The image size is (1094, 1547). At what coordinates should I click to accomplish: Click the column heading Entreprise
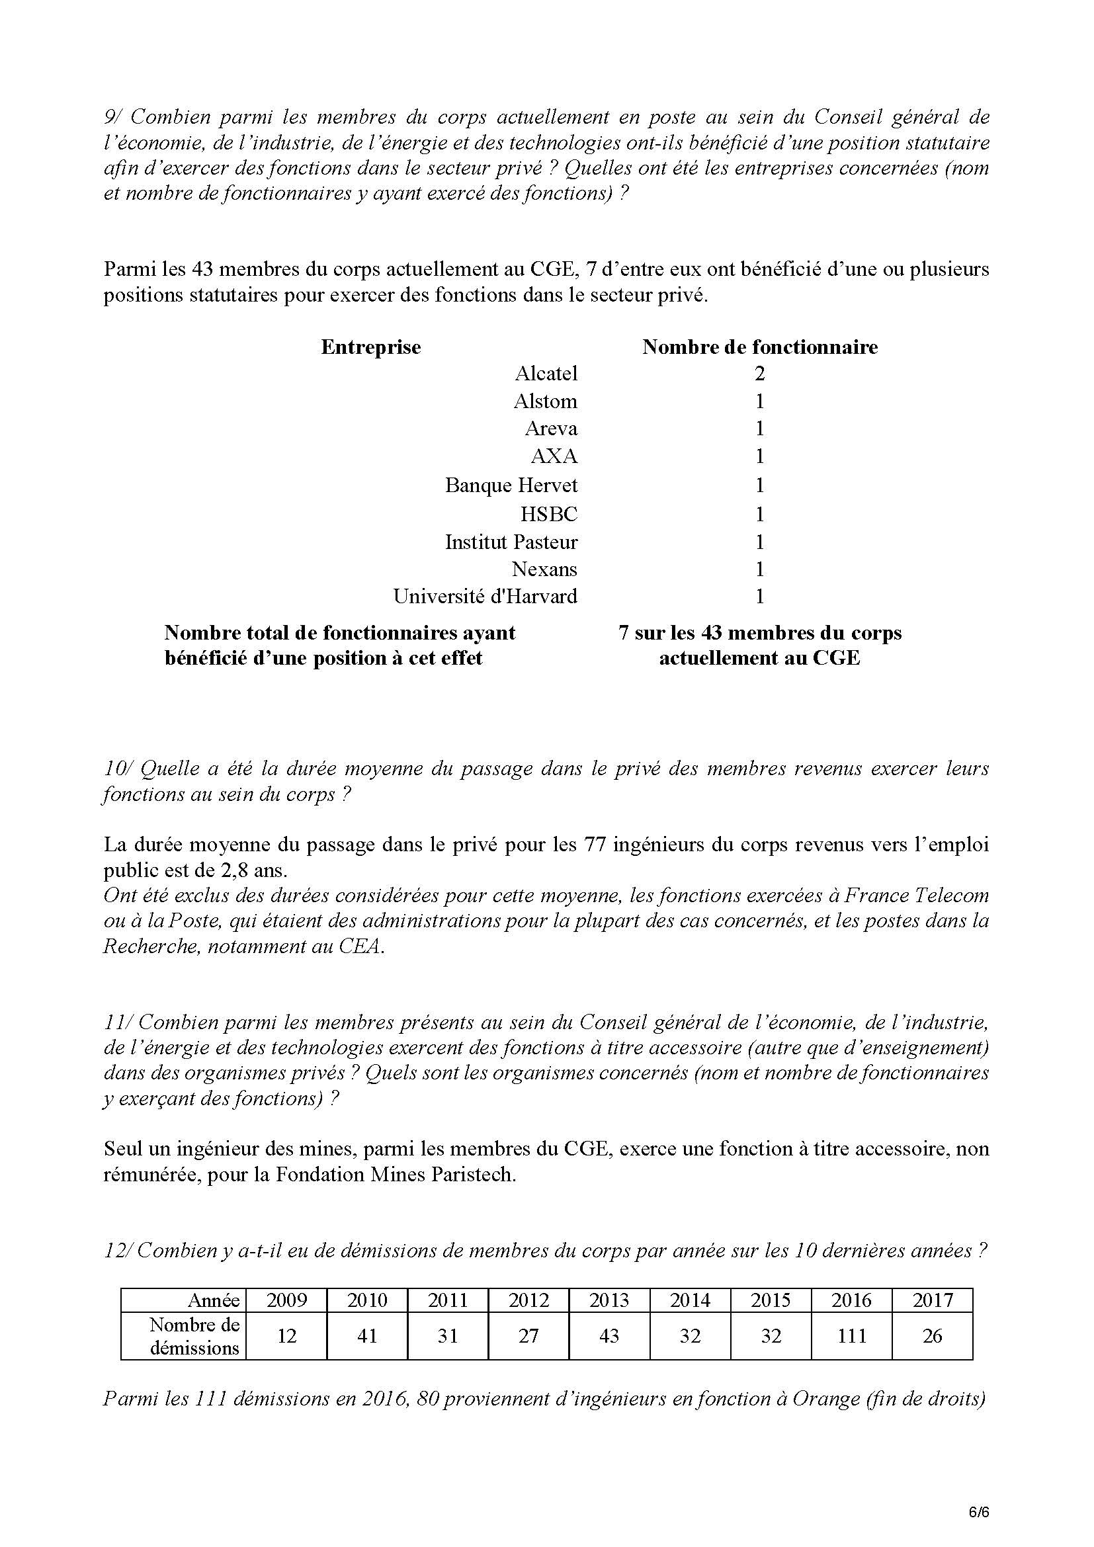coord(370,347)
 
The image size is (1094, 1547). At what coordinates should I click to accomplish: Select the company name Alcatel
coord(546,373)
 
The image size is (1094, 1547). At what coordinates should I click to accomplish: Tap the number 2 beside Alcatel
coord(759,373)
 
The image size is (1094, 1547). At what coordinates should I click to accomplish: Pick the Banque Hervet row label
coord(511,485)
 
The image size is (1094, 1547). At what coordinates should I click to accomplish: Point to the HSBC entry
coord(548,514)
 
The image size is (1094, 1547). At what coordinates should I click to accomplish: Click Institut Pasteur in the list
coord(511,542)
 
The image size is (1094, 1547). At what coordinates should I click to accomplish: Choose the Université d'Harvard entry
coord(485,597)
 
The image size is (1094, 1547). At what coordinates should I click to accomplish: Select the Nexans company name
coord(544,569)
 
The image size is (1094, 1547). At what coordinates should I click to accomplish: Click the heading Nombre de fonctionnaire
coord(759,347)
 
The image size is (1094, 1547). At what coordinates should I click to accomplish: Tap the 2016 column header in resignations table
coord(851,1300)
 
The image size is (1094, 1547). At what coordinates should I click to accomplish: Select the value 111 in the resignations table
coord(851,1335)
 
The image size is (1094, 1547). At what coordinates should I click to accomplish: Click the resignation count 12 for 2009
coord(287,1335)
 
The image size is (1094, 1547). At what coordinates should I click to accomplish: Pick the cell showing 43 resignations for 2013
coord(609,1335)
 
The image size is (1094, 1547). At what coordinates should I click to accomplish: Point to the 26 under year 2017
coord(933,1335)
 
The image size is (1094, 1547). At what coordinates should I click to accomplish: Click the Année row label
coord(214,1300)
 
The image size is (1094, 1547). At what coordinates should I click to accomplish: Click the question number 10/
coord(118,769)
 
